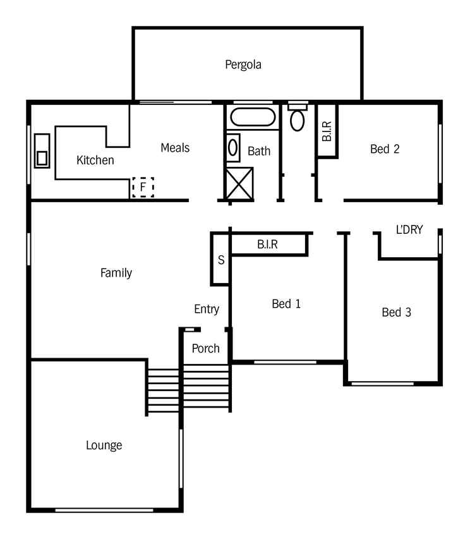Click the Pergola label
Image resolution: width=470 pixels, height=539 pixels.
[243, 64]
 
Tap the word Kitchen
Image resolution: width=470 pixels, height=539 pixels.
[95, 160]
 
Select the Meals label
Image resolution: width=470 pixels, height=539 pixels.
[175, 148]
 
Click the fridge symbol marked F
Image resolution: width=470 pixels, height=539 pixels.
[143, 187]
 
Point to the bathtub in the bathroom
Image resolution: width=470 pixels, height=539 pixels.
[253, 117]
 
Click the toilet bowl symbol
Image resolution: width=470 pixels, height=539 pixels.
[297, 120]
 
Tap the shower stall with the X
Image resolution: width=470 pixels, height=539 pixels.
[239, 183]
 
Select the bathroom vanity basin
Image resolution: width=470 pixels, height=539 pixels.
[232, 147]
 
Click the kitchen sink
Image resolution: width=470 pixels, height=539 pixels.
[42, 151]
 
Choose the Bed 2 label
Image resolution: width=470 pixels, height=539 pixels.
[385, 149]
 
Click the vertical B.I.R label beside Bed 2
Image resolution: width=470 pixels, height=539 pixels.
[327, 131]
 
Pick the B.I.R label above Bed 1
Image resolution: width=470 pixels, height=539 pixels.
[267, 245]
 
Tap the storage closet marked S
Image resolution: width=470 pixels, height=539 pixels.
[220, 260]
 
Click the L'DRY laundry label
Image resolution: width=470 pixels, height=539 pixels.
[409, 229]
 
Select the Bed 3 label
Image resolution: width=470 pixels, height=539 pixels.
[397, 312]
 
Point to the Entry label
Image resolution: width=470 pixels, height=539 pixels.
[207, 309]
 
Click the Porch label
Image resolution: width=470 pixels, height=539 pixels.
[205, 349]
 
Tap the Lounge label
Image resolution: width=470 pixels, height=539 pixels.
[104, 445]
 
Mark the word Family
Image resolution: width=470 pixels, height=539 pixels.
[116, 273]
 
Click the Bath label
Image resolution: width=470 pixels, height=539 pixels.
[259, 151]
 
